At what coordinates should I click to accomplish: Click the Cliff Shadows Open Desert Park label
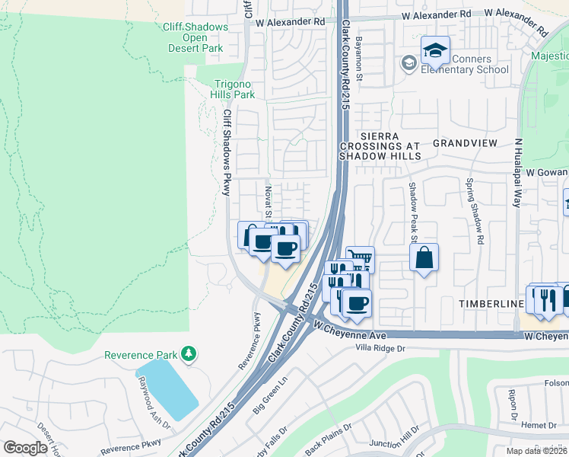(195, 37)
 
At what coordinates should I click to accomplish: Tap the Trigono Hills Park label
(233, 89)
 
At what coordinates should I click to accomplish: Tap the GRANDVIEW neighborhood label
(465, 143)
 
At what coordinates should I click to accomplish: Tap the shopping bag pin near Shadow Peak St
(424, 257)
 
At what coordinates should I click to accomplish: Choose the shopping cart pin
(361, 259)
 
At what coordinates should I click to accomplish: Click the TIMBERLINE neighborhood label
(491, 303)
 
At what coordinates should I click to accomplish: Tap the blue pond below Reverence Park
(167, 388)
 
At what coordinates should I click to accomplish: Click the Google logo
(26, 448)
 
